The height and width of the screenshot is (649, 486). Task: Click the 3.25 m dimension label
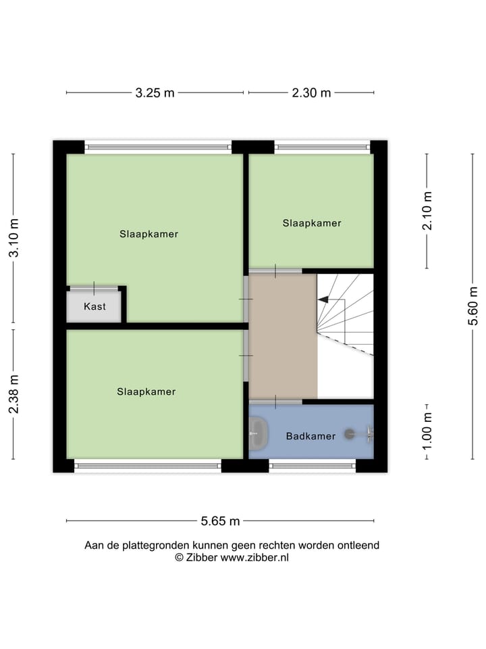(155, 93)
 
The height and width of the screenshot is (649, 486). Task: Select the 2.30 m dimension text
(311, 93)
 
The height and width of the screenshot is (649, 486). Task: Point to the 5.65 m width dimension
(220, 521)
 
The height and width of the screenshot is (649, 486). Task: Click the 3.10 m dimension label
(14, 237)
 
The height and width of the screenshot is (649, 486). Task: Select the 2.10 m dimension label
(427, 210)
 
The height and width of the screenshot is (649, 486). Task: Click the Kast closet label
(94, 307)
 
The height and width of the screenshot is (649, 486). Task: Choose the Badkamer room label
(310, 436)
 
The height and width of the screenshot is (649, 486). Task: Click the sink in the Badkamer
(258, 433)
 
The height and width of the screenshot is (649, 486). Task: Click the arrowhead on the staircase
(323, 299)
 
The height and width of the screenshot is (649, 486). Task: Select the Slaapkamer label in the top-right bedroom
(312, 223)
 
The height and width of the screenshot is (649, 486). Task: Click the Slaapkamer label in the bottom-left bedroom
(146, 391)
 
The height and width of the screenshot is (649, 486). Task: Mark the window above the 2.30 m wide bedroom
(322, 147)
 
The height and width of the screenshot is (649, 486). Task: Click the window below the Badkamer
(312, 465)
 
